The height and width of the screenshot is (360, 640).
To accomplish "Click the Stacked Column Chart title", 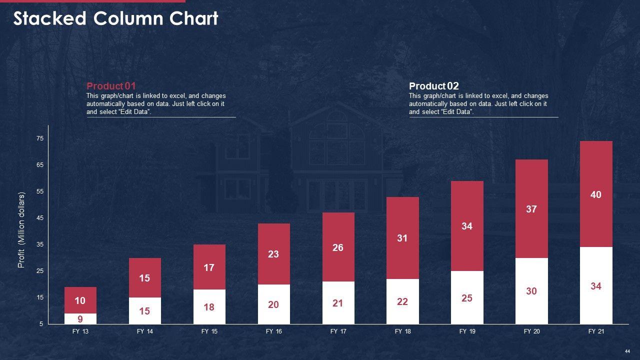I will (x=115, y=18).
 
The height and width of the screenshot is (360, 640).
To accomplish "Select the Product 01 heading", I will (x=111, y=86).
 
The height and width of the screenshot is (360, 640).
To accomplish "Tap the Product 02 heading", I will (x=433, y=86).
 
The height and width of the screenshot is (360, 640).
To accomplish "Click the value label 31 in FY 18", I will (x=402, y=238).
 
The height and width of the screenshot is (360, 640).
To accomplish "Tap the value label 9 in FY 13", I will (x=80, y=319).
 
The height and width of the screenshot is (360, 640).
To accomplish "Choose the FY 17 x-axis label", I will (x=338, y=331).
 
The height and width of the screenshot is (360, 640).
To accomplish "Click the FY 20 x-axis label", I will (x=531, y=331).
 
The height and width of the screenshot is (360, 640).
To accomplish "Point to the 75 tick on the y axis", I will (x=40, y=138).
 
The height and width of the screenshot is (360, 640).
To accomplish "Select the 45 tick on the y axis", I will (x=40, y=218).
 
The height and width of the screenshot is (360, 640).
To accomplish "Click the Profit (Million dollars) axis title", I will (x=21, y=230).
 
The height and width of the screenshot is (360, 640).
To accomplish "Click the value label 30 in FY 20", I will (x=531, y=291).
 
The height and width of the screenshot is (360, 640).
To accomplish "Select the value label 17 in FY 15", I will (x=209, y=267).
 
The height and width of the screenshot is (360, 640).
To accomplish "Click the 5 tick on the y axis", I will (x=41, y=324).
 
